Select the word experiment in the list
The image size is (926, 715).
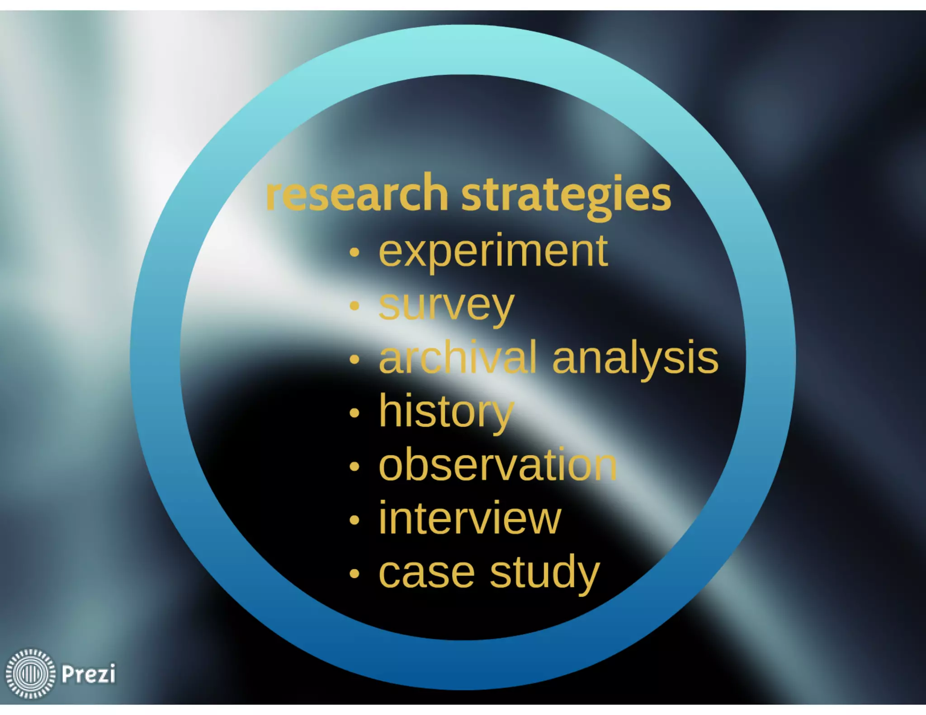click(x=493, y=251)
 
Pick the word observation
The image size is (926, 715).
click(x=497, y=465)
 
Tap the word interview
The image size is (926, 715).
click(x=469, y=519)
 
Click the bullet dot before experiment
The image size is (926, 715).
click(x=354, y=253)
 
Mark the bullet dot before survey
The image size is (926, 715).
click(x=354, y=306)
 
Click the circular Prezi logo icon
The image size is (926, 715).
click(x=30, y=673)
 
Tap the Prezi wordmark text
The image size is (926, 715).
click(x=88, y=674)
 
